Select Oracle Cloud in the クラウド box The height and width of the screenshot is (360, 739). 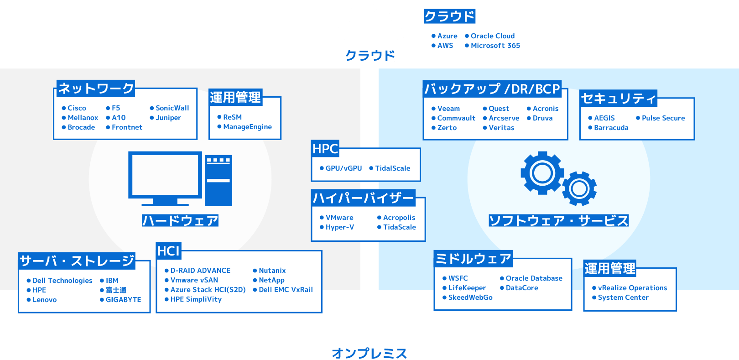492,36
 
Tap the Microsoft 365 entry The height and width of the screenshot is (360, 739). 495,46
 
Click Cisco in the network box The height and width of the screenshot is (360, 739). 77,108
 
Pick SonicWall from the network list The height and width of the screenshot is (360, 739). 172,108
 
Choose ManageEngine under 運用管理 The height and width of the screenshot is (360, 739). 247,127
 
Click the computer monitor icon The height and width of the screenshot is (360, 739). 165,176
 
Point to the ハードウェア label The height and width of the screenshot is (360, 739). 180,221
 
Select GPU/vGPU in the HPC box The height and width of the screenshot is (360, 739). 343,168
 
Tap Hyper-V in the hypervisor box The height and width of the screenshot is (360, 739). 339,227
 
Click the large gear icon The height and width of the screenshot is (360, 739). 542,173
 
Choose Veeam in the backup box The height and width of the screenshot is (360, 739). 448,109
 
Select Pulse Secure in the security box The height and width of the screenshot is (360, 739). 663,118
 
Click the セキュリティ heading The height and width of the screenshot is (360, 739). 618,98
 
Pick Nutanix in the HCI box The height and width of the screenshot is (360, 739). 272,271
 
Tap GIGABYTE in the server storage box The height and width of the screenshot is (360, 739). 123,300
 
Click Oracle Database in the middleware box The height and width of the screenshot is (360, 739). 534,278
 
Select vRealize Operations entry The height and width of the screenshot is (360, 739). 632,288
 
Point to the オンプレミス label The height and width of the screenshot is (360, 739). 369,353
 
